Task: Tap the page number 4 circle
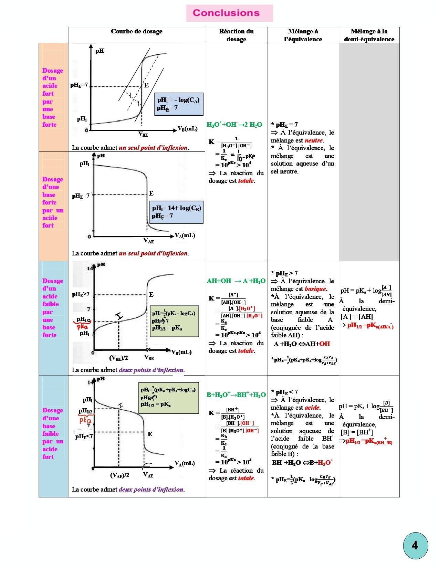click(415, 546)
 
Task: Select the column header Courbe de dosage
click(136, 31)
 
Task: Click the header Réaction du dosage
click(236, 35)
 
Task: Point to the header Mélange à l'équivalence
click(303, 35)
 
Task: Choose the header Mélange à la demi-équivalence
click(369, 35)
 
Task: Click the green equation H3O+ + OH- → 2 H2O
click(234, 125)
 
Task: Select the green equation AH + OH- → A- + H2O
click(236, 281)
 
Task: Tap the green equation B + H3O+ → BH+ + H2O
click(236, 395)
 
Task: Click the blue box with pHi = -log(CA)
click(178, 104)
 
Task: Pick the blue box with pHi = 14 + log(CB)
click(177, 212)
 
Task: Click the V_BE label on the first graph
click(143, 134)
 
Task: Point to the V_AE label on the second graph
click(148, 241)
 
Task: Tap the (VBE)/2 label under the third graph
click(118, 358)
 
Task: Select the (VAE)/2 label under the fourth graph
click(120, 475)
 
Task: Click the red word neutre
click(314, 140)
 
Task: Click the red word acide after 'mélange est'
click(312, 408)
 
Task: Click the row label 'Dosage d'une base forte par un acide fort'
click(53, 202)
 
